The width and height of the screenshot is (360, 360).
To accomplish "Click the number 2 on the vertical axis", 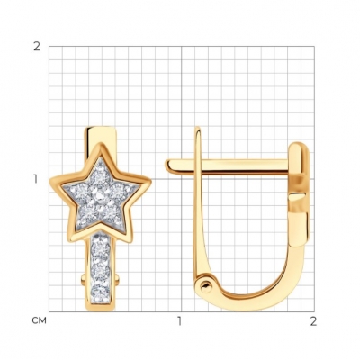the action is tap(37, 47).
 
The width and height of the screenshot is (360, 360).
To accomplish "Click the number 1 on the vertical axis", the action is tap(36, 179).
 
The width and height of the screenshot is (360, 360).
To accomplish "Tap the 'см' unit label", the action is tap(40, 320).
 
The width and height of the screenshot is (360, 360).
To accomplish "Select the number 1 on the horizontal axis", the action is tap(179, 321).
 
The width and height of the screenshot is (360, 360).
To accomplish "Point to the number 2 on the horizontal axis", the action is tap(313, 321).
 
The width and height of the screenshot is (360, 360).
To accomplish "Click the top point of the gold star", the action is tap(99, 145).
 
